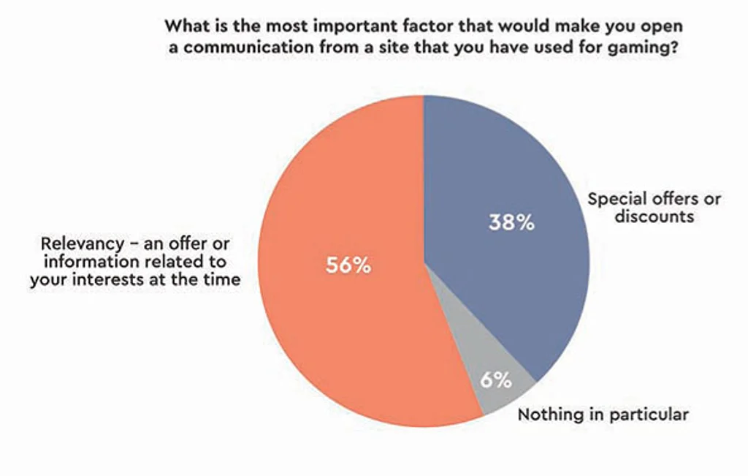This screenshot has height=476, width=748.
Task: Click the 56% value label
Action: [348, 265]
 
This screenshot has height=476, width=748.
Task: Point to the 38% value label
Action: [511, 222]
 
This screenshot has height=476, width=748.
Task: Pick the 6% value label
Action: [495, 379]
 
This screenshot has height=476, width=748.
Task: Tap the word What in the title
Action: [184, 26]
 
